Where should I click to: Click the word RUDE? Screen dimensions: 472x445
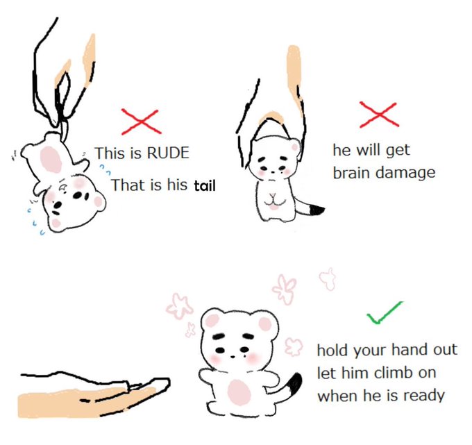pyautogui.click(x=167, y=153)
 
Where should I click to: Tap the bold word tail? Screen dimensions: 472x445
pyautogui.click(x=205, y=185)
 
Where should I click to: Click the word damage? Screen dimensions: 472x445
pyautogui.click(x=406, y=174)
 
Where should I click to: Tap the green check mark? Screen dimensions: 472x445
pyautogui.click(x=385, y=313)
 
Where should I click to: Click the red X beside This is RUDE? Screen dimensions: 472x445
pyautogui.click(x=141, y=121)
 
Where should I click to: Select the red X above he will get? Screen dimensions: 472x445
pyautogui.click(x=379, y=115)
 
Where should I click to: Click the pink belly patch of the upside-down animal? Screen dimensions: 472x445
pyautogui.click(x=51, y=159)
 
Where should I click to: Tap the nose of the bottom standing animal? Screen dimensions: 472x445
pyautogui.click(x=232, y=356)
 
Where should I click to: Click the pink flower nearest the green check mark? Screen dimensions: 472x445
pyautogui.click(x=328, y=278)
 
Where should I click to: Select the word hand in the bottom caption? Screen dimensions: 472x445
pyautogui.click(x=410, y=350)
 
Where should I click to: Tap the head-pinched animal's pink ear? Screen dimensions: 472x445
pyautogui.click(x=295, y=147)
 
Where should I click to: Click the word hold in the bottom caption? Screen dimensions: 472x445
pyautogui.click(x=332, y=350)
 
